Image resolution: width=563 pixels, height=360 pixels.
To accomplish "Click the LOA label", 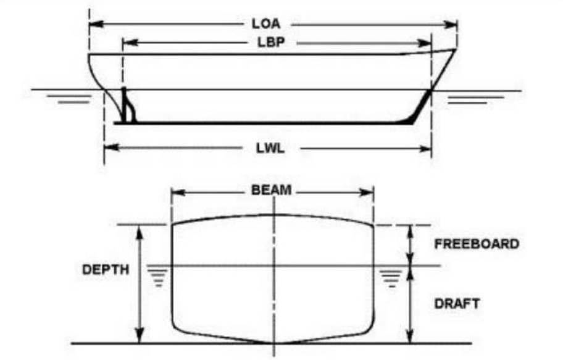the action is (266, 23).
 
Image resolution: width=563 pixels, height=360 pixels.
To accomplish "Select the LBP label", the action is (271, 43).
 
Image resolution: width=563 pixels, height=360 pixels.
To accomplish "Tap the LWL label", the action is (270, 148).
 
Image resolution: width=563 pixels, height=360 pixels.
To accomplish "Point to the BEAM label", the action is (272, 190).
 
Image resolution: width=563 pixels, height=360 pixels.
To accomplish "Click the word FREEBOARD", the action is (477, 244).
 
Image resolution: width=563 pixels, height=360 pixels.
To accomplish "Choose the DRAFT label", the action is (457, 304).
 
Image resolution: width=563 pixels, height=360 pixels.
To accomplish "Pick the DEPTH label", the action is (106, 269).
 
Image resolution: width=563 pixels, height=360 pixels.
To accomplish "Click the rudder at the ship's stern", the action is (128, 105).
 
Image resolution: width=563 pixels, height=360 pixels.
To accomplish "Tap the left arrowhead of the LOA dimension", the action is (96, 24).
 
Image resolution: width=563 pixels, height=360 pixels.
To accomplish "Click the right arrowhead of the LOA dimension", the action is (450, 25).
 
